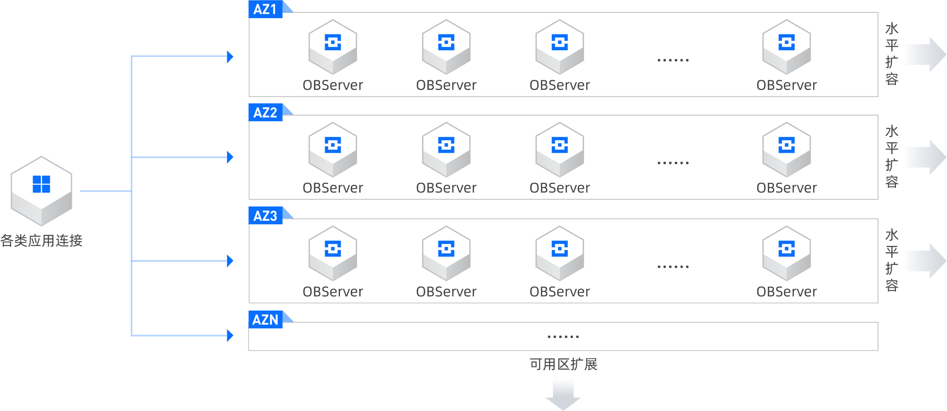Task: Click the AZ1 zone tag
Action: pos(265,9)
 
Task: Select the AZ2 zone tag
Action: pos(265,112)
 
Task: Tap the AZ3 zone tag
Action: pos(265,215)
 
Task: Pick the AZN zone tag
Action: pos(265,319)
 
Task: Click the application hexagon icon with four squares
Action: pos(41,190)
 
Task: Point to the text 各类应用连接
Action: pos(41,241)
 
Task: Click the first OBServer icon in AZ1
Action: pos(333,47)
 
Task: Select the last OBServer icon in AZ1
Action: pos(786,47)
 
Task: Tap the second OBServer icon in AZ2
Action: pos(446,150)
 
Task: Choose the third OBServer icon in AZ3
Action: pos(560,253)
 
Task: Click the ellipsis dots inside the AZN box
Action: pos(563,337)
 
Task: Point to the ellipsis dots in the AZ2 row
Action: pos(673,163)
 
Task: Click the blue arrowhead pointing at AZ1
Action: pos(230,57)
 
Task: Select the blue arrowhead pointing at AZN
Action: pos(230,335)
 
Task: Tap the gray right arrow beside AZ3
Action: pos(924,261)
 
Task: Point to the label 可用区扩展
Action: pos(563,364)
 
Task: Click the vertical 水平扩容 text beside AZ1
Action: pos(892,54)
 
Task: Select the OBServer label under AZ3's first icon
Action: pos(333,292)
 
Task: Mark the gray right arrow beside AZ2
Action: pos(924,157)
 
